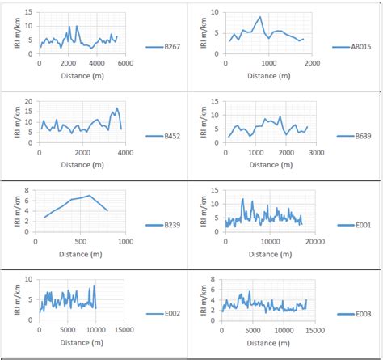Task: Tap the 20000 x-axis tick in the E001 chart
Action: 315,240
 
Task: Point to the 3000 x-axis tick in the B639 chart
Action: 315,151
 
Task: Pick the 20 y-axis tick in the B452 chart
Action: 30,101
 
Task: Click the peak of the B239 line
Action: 90,195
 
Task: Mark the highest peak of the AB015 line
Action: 260,17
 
